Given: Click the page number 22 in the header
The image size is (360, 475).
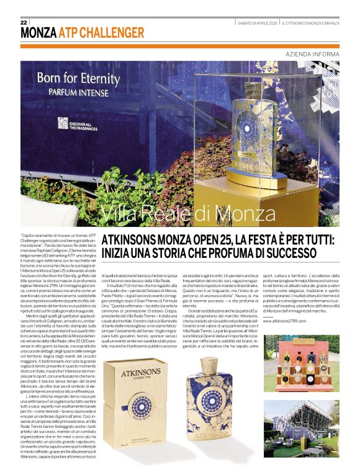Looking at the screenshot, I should (x=24, y=22).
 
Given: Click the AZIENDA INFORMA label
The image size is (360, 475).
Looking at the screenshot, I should (x=312, y=54).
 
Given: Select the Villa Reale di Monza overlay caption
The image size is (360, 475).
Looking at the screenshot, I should (x=179, y=214).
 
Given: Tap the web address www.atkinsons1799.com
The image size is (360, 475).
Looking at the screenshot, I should (x=285, y=321).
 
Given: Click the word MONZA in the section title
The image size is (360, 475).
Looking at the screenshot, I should (x=38, y=33).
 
